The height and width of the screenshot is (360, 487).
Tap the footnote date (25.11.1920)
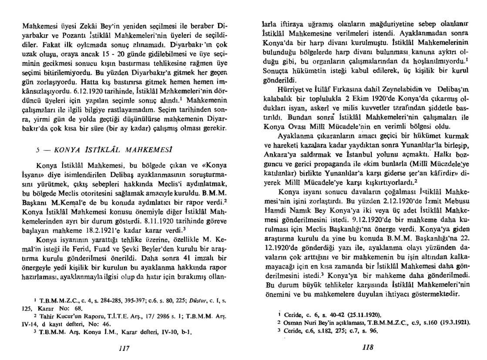(x=352, y=314)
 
